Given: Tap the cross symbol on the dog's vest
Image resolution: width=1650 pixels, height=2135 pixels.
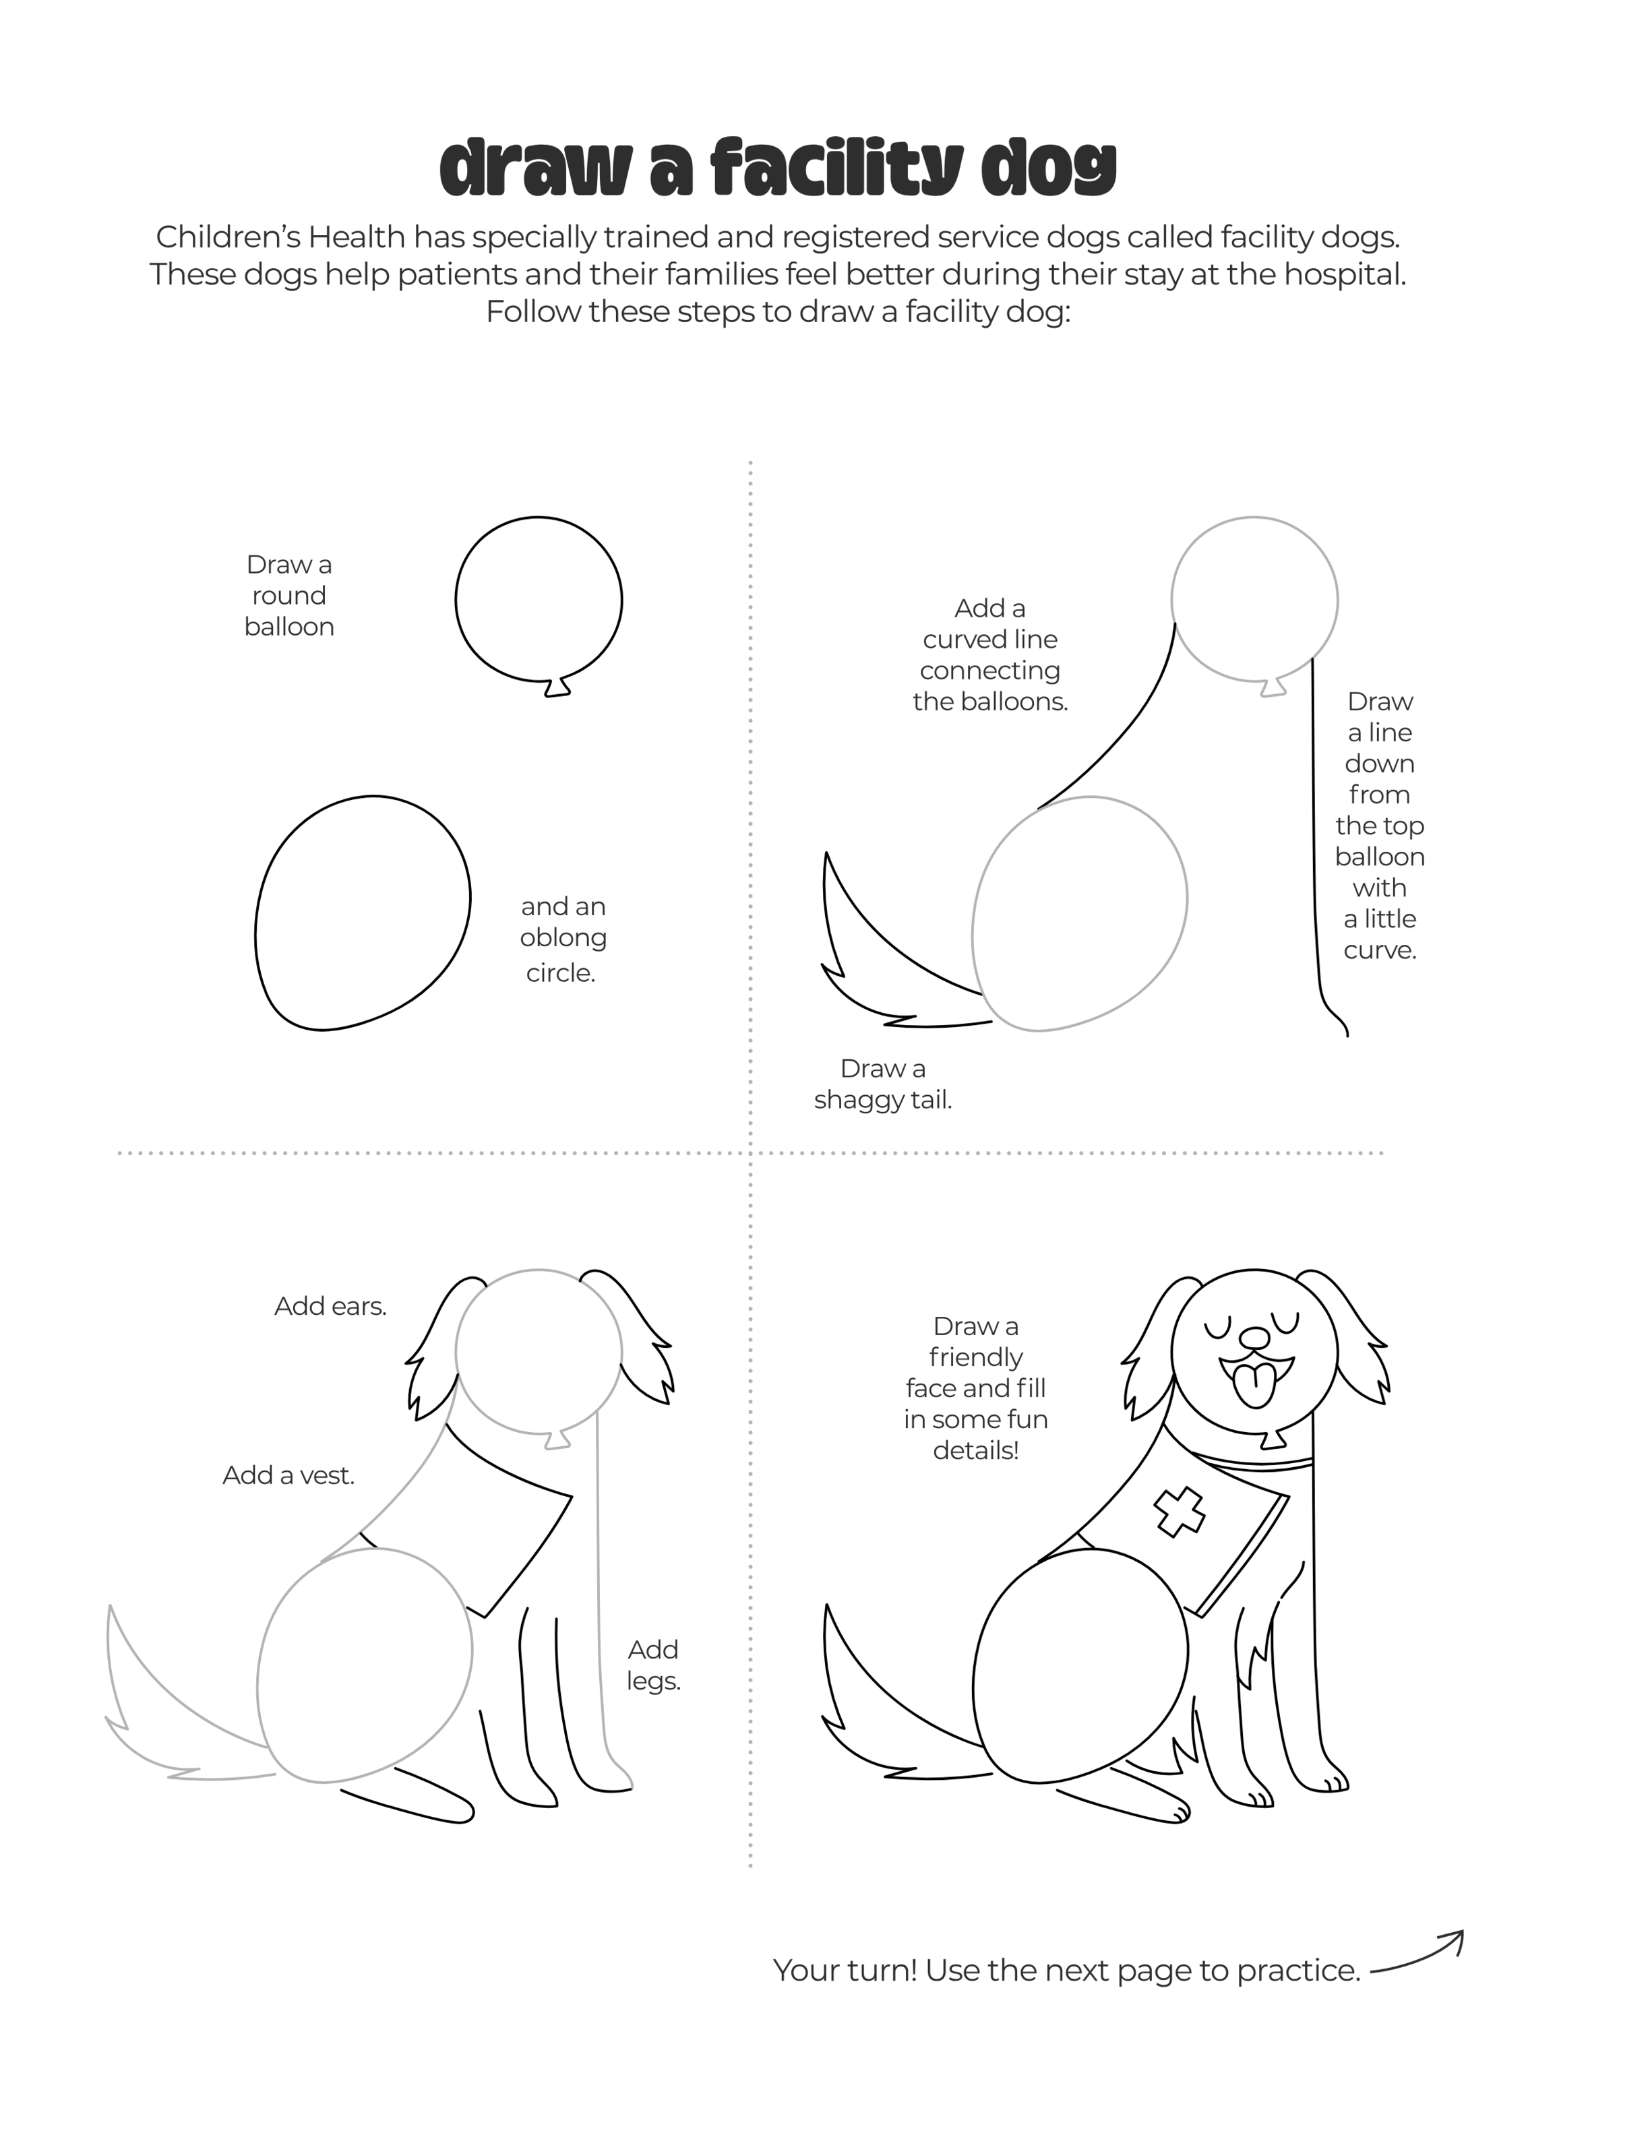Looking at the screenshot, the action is [x=1180, y=1512].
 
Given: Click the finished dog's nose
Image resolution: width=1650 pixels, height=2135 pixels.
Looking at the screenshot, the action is [x=1252, y=1336].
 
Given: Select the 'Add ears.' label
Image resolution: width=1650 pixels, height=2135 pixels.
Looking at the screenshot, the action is [x=330, y=1306].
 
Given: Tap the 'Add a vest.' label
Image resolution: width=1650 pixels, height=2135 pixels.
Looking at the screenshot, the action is [x=288, y=1475].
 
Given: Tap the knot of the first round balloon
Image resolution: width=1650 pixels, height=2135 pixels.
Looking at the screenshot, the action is [x=557, y=687].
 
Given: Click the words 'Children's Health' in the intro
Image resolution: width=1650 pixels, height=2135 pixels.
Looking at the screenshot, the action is [x=280, y=237].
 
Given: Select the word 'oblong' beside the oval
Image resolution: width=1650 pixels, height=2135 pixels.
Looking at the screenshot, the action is [x=563, y=939].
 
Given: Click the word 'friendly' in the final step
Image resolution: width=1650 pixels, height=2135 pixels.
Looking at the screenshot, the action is [x=975, y=1358].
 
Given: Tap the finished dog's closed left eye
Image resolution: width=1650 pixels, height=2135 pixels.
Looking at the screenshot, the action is [x=1218, y=1328].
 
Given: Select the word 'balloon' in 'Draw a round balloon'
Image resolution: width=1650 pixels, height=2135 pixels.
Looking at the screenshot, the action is [x=289, y=627].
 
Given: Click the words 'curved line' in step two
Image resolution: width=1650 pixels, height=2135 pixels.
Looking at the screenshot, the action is [x=990, y=640].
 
